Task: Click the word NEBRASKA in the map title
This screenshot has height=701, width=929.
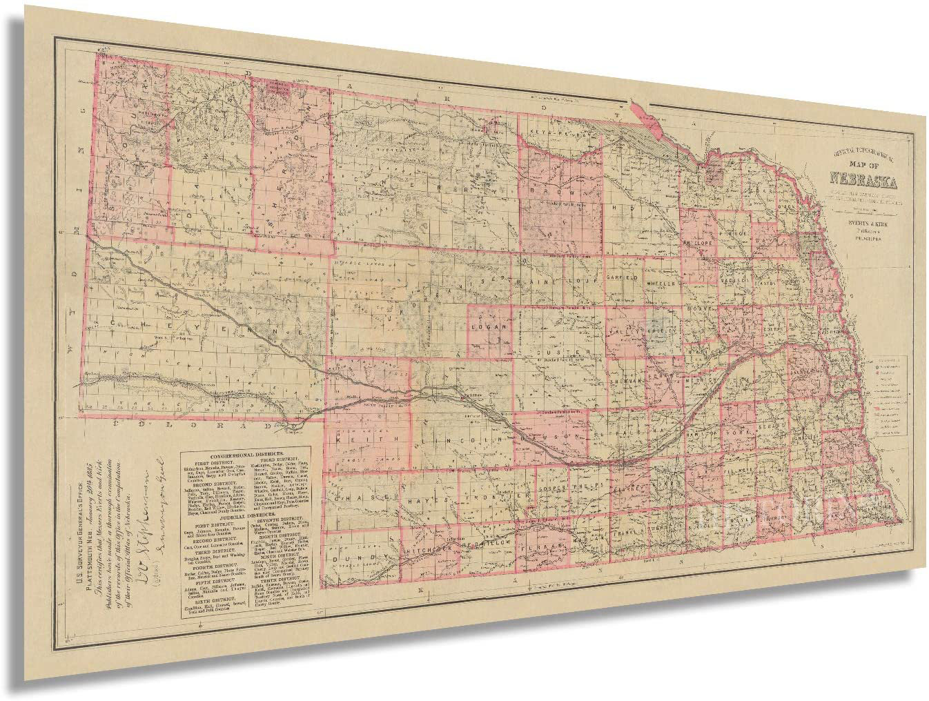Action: pyautogui.click(x=863, y=184)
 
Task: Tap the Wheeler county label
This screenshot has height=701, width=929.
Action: pyautogui.click(x=664, y=284)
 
